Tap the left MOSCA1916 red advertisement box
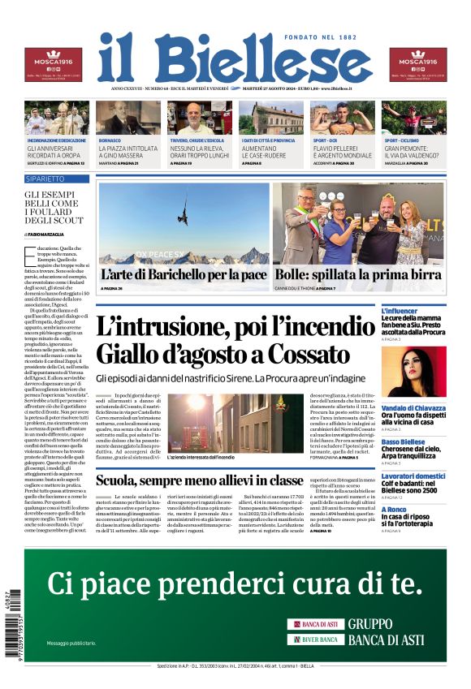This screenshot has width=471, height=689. click(x=53, y=66)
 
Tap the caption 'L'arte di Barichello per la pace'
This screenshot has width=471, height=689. click(x=184, y=275)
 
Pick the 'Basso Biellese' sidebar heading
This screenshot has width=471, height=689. click(x=426, y=441)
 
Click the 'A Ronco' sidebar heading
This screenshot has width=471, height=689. click(x=416, y=509)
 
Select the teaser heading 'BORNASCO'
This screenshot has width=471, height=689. click(x=110, y=140)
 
